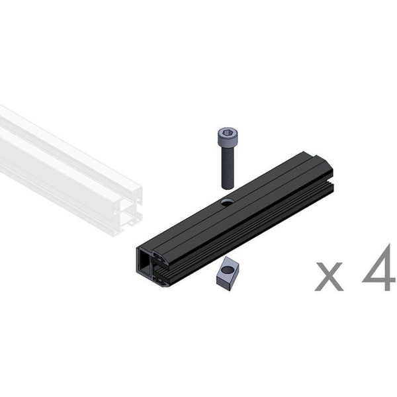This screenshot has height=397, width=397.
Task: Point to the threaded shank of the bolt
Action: click(228, 167)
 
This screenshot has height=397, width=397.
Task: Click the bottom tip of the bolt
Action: click(228, 188)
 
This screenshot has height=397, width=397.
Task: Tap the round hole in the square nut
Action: click(229, 270)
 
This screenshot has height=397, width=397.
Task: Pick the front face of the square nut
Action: click(223, 283)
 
